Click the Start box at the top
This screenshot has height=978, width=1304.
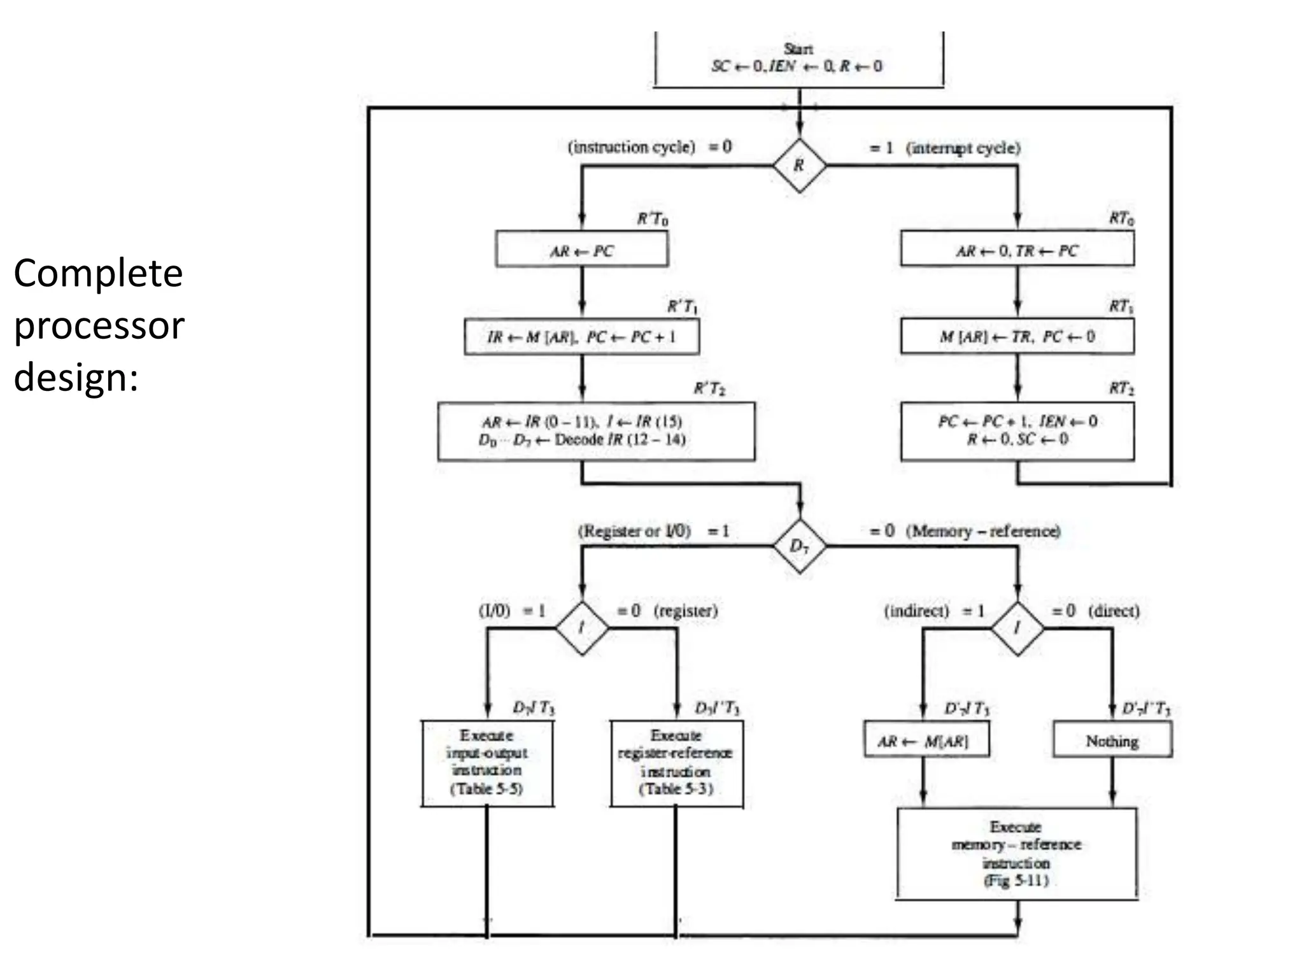798,59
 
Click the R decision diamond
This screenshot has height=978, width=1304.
799,166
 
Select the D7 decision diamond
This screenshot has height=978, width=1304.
799,546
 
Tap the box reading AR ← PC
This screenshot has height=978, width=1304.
581,249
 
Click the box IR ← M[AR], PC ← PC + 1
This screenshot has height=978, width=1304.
581,337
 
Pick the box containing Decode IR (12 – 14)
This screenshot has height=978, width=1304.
596,431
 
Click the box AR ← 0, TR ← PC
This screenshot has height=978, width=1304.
1017,249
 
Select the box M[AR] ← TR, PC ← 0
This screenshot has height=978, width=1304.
1017,337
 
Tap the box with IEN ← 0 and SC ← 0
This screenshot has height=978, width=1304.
1017,431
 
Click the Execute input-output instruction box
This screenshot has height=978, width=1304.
487,763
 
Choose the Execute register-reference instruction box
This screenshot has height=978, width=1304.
676,763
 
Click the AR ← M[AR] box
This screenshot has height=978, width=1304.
926,740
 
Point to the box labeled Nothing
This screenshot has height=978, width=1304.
1112,740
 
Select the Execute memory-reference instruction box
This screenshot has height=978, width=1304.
1017,854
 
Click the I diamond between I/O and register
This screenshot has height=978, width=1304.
581,628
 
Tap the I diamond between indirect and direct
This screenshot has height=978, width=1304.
1017,628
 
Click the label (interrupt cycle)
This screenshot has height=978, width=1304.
963,148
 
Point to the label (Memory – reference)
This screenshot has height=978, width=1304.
983,531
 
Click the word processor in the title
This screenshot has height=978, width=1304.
99,326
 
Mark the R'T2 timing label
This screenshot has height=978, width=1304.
709,388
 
